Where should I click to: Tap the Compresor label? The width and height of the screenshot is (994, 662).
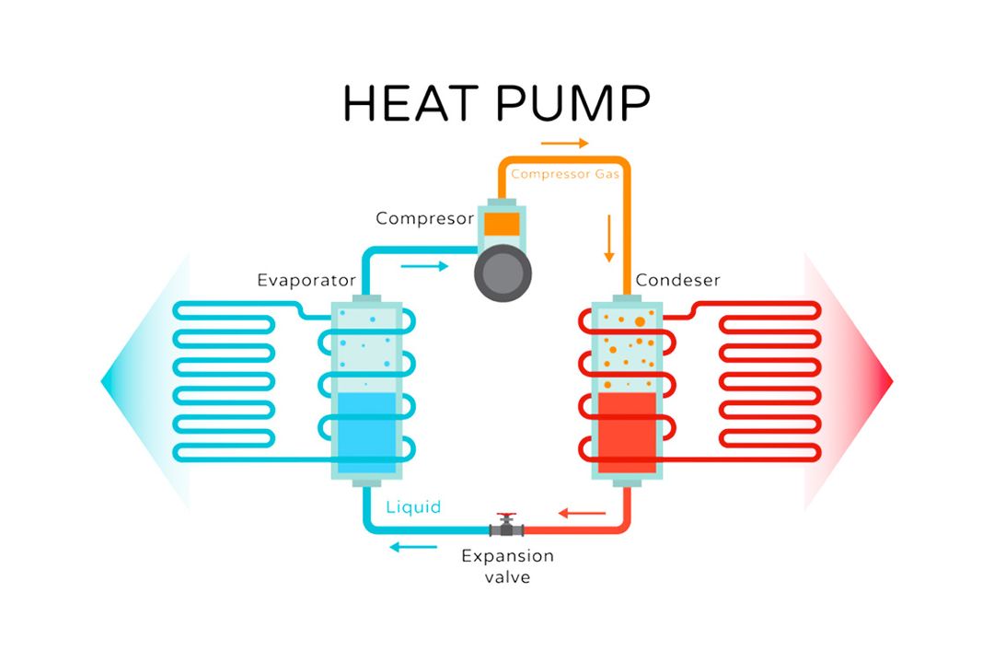424,219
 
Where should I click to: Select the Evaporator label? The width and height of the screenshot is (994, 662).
306,279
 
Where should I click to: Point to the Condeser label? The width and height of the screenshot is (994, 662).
677,279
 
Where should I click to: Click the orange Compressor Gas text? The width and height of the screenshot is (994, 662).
565,173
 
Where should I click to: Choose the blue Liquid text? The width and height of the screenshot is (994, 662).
413,506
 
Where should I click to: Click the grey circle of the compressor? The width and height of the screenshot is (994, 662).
503,272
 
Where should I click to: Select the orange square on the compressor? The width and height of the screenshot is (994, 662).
503,223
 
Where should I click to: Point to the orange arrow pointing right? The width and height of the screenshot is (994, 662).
564,144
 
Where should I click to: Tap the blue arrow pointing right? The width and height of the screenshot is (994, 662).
426,266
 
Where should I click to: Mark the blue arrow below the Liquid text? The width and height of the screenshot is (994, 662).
411,547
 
